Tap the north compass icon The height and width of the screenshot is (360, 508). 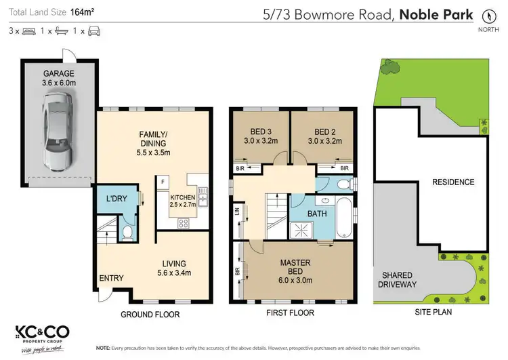click(x=486, y=16)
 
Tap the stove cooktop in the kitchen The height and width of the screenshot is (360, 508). click(x=184, y=223)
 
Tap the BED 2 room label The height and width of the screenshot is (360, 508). click(x=323, y=136)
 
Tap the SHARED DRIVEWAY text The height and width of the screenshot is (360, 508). click(x=396, y=279)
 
